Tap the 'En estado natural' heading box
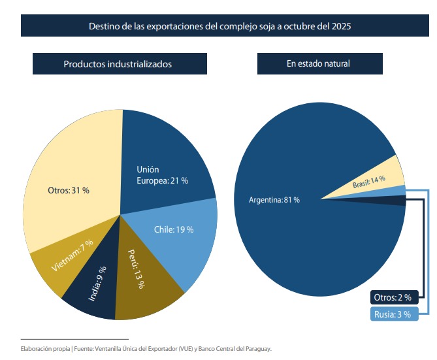[318, 64]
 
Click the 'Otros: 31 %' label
[68, 190]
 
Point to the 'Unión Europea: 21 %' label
[161, 175]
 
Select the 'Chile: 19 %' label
[174, 229]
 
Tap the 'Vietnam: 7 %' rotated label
[72, 256]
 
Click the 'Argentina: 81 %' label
[274, 199]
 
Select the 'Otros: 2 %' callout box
[392, 297]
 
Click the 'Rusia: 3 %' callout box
[392, 314]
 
